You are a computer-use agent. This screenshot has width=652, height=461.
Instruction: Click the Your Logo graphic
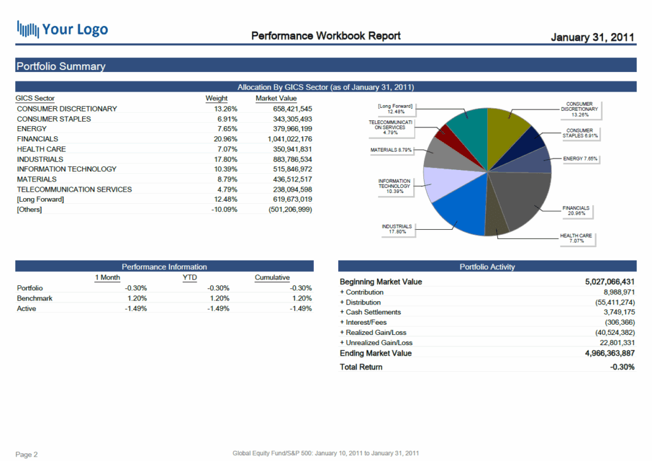[62, 29]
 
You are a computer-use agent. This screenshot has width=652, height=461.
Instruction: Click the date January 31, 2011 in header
[592, 37]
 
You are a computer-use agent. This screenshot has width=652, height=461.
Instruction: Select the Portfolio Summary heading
[60, 66]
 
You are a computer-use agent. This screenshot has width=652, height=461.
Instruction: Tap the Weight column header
[216, 99]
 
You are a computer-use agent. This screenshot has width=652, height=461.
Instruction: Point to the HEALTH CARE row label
[41, 149]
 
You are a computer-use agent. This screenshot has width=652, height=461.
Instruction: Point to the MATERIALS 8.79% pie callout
[392, 150]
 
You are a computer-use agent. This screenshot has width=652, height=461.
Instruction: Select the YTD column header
[190, 278]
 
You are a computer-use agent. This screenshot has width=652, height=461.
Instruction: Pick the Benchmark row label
[34, 298]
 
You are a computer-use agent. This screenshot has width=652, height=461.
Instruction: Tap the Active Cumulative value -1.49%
[300, 308]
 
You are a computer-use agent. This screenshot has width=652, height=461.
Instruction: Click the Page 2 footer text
[27, 455]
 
